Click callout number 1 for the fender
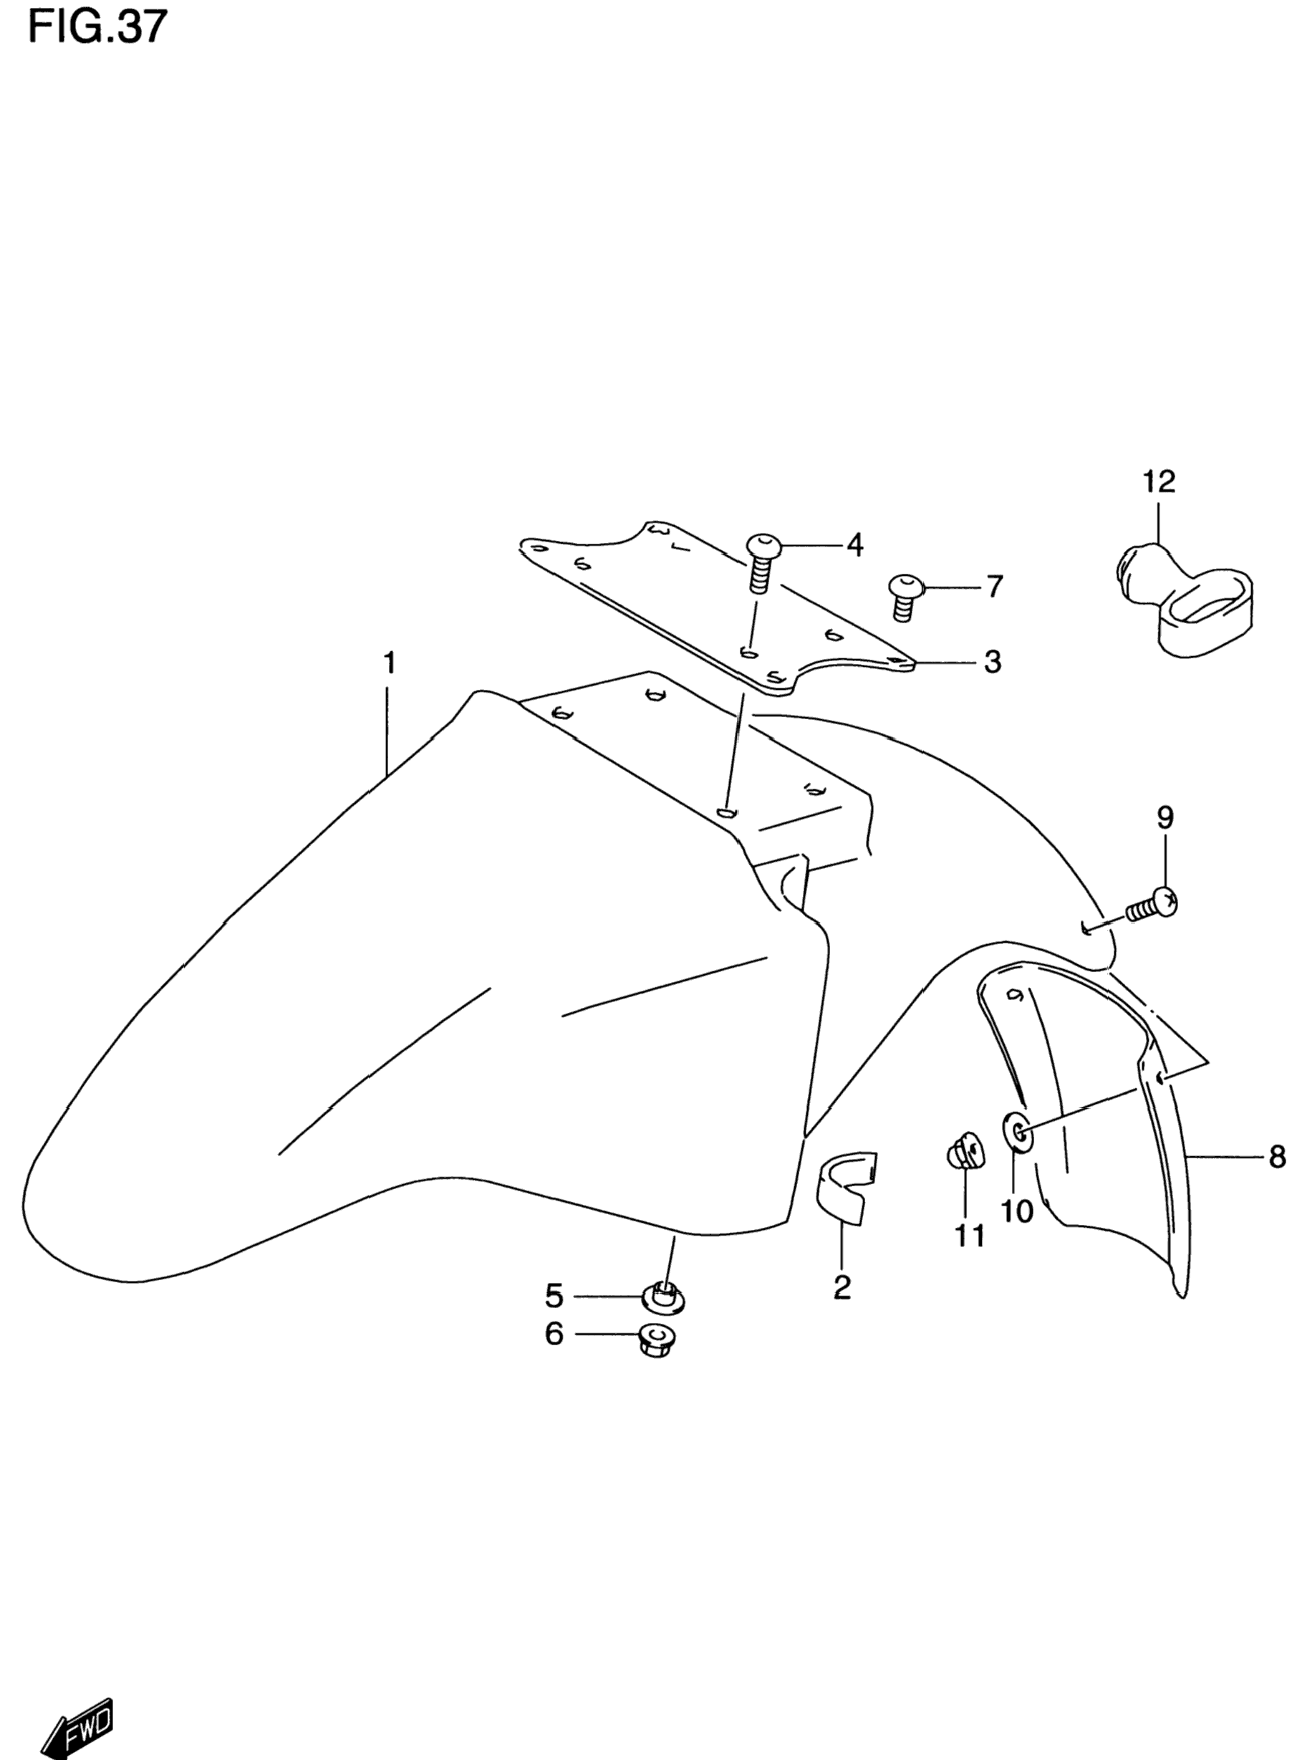pos(389,664)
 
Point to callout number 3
pos(992,663)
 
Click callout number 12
pos(1159,482)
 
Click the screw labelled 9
pos(1152,907)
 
